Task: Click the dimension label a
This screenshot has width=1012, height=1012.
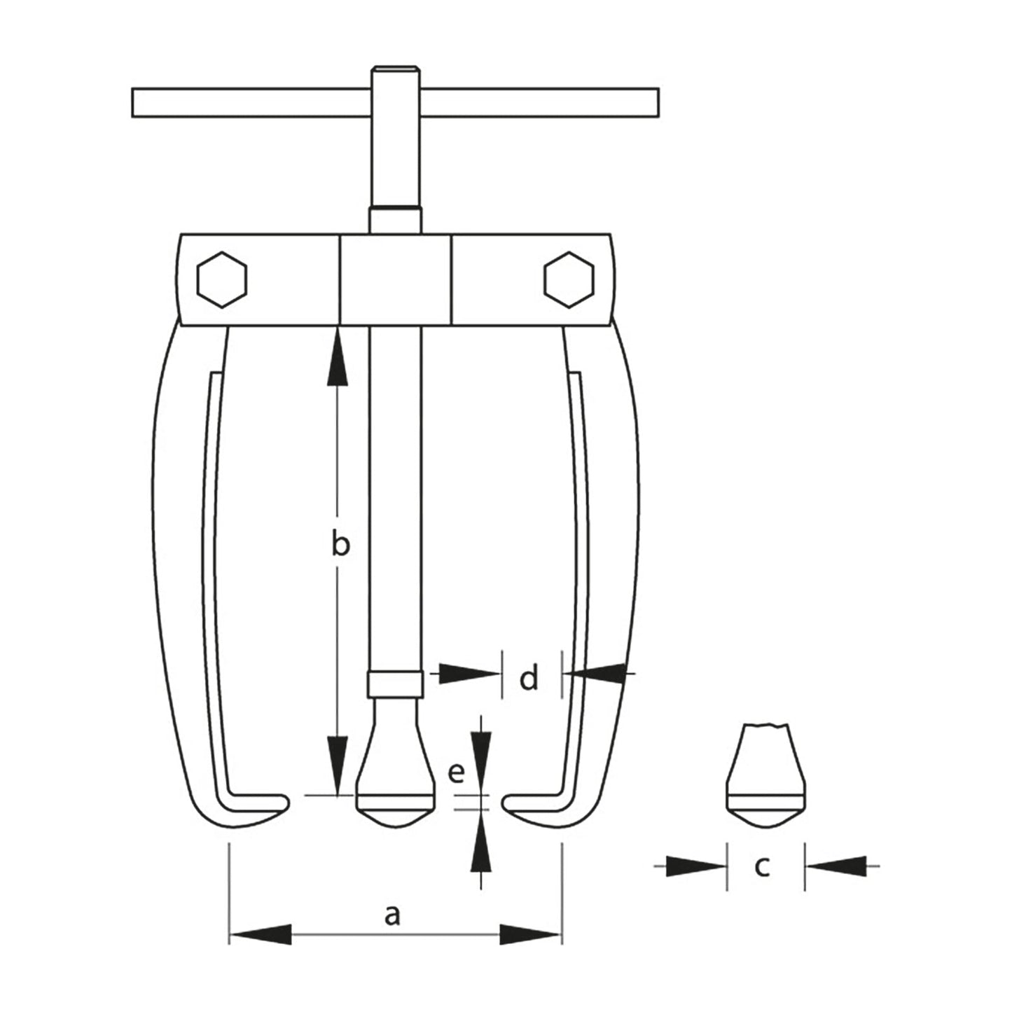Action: [392, 915]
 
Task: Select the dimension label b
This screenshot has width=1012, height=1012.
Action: [340, 545]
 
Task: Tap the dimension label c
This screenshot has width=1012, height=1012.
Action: [762, 867]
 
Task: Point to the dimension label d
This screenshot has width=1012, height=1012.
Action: [529, 678]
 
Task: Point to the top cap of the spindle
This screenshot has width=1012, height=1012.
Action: [396, 71]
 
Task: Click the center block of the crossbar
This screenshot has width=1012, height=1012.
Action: [396, 279]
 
